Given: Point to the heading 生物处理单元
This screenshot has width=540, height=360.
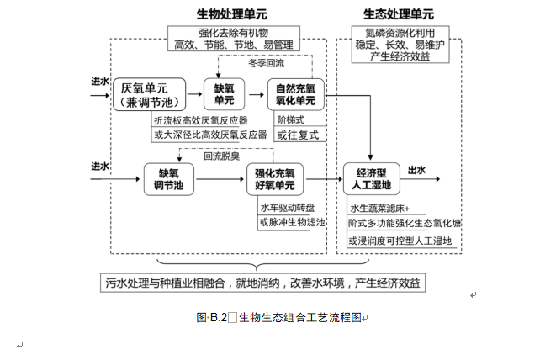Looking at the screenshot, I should tap(233, 15).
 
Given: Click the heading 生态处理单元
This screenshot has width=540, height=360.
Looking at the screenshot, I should tap(399, 15).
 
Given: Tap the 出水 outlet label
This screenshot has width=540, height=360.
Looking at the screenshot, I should tap(416, 170).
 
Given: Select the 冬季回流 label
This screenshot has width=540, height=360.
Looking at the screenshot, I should tap(266, 64).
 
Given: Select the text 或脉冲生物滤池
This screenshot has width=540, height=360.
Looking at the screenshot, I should tap(291, 222).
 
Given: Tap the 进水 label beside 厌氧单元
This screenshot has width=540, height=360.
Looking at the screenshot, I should tap(100, 82).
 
